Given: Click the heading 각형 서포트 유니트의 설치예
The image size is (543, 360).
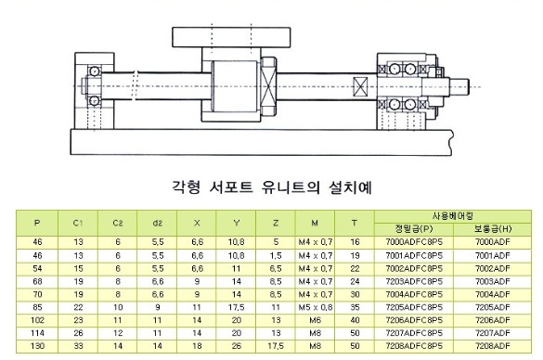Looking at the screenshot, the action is (272, 187).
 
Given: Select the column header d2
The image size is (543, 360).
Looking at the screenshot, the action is (157, 223).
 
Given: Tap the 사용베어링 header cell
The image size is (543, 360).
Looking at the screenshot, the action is (452, 216).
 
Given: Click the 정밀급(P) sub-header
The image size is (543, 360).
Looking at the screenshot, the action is (414, 229).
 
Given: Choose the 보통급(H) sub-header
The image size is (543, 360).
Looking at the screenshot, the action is (493, 229).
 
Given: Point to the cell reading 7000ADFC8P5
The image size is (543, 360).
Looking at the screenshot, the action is (414, 242).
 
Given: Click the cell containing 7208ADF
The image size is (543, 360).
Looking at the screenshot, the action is (493, 346).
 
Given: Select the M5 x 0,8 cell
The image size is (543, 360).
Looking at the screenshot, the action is (316, 307).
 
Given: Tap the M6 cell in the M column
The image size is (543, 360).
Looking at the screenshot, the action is (316, 320).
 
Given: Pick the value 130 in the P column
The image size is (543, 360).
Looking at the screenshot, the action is (37, 346).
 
